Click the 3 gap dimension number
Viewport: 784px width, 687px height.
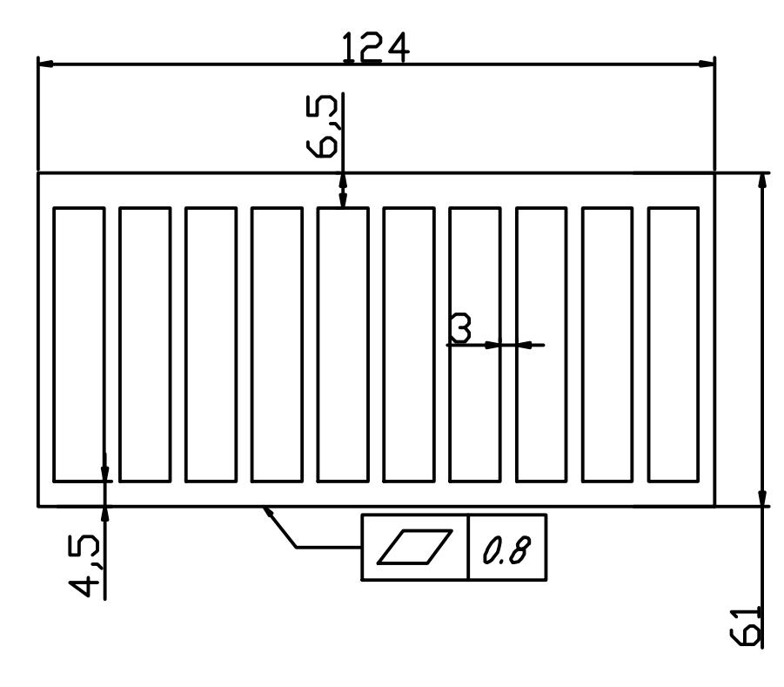[461, 329]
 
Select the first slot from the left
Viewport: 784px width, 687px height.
[79, 343]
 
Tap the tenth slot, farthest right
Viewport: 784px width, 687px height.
[673, 343]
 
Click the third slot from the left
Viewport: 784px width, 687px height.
[211, 343]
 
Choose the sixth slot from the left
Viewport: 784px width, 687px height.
[409, 343]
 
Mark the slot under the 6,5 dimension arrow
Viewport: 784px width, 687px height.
[343, 343]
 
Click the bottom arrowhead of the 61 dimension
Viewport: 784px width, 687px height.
[763, 497]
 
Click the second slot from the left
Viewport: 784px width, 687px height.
[145, 343]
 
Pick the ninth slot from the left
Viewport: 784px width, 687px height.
[607, 343]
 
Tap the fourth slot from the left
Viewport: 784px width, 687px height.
[277, 343]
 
